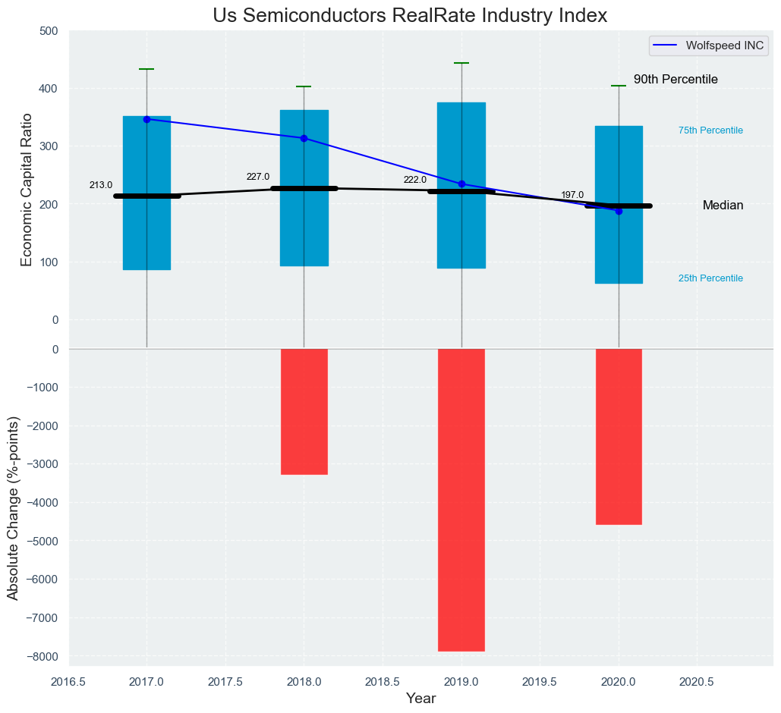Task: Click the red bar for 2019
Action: point(461,500)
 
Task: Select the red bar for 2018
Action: point(304,412)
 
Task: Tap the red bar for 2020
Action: point(619,437)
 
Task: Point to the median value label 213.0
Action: point(101,185)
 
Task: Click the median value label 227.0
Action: point(258,177)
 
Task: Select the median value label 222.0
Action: point(415,181)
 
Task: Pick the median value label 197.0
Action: point(572,196)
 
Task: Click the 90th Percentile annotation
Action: point(676,80)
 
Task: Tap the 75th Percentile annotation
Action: point(710,130)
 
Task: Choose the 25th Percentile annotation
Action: point(710,278)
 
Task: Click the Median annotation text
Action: point(723,206)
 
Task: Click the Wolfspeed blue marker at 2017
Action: point(146,119)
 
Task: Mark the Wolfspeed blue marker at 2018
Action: point(304,138)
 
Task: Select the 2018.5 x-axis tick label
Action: point(383,682)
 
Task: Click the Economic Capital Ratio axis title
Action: point(27,190)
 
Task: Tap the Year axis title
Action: point(420,699)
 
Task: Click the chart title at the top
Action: point(410,16)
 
